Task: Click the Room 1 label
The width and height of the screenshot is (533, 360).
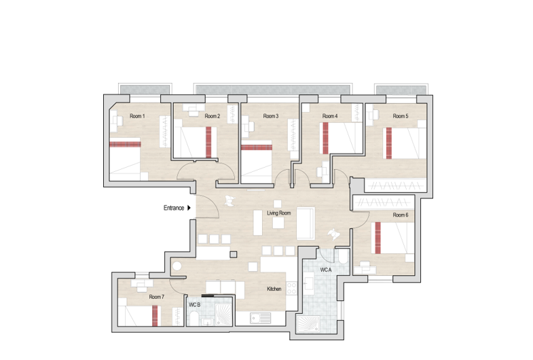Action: coord(138,116)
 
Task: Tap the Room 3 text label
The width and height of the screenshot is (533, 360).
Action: coord(271,116)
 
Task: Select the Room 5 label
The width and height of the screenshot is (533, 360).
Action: coord(401,116)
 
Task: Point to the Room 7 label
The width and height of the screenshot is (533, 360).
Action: coord(157,297)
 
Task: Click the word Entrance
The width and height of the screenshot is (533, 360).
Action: coord(174,208)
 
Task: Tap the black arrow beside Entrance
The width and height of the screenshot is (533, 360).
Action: coord(189,208)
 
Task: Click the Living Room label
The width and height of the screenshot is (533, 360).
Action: coord(279,213)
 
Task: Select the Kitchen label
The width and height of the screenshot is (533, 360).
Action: coord(274,289)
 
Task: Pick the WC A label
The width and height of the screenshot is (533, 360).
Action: coord(327,270)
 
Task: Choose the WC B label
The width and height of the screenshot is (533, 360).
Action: coord(194,305)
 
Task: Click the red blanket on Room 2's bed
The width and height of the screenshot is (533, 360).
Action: coord(209,141)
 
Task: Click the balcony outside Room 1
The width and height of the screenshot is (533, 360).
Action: coord(144,89)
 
